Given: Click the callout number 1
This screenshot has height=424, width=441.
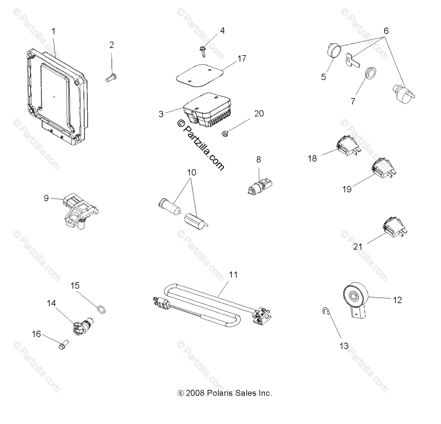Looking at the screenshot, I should [54, 32].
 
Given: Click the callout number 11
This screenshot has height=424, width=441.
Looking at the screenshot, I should [233, 274].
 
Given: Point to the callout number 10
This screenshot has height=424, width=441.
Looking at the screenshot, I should [192, 172].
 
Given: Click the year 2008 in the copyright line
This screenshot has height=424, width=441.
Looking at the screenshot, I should [196, 393].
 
